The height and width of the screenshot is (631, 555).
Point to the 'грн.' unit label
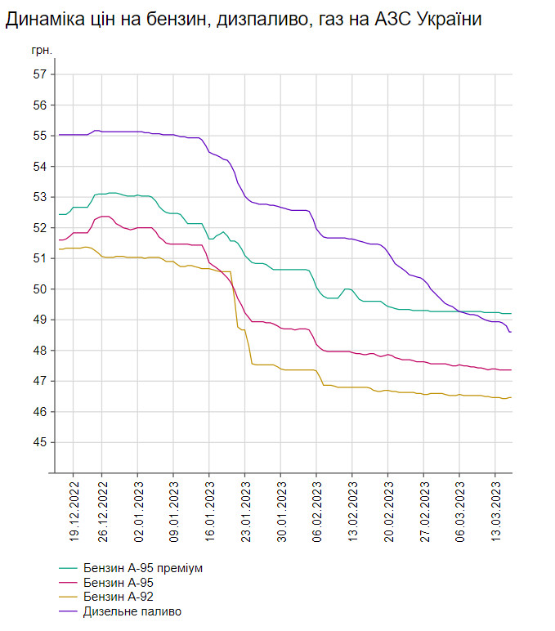[x=42, y=51]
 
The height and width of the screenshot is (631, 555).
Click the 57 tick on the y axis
[x=38, y=74]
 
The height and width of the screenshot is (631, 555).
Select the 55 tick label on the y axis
[x=38, y=136]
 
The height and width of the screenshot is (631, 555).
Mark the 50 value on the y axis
[x=38, y=289]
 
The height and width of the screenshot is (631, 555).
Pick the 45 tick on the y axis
[x=38, y=442]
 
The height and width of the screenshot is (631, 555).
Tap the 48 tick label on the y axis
[x=38, y=351]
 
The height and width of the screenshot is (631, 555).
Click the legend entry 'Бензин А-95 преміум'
[x=142, y=567]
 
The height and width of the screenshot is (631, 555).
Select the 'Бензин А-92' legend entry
[x=118, y=597]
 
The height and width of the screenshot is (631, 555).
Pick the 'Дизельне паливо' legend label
[x=132, y=611]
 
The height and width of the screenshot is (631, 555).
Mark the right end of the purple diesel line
[x=511, y=332]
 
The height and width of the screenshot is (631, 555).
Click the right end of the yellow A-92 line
[x=511, y=397]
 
